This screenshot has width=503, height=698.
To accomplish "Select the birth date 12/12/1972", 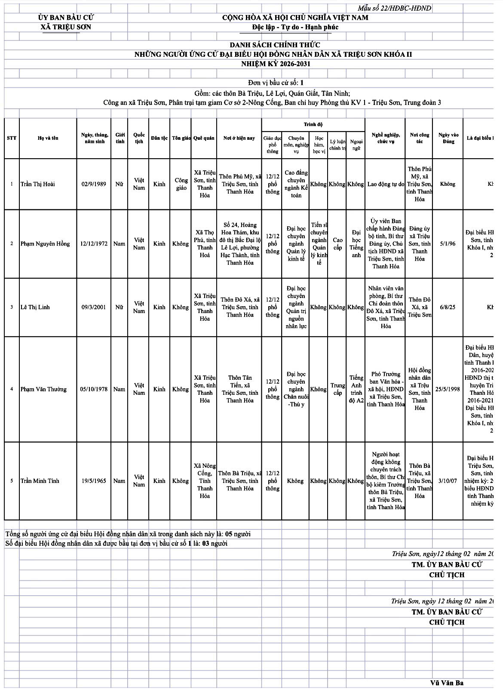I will [94, 244].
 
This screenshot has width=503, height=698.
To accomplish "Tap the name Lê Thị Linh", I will [35, 307].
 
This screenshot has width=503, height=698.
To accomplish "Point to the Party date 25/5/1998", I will [448, 389].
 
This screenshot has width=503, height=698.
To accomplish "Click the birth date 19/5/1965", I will [94, 481].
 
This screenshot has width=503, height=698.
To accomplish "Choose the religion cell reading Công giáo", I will [181, 184].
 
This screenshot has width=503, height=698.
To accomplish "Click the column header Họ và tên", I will [48, 138].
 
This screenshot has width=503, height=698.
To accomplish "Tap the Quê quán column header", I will [204, 138].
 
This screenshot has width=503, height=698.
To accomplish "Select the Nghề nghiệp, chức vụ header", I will [386, 138].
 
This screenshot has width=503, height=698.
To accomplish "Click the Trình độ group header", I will [313, 124].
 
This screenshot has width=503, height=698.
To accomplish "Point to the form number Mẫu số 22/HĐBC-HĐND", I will [394, 8].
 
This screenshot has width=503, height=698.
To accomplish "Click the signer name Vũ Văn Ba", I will [447, 683].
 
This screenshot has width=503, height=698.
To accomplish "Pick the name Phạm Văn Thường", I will [43, 389].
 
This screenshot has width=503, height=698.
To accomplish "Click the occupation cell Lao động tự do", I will [386, 184].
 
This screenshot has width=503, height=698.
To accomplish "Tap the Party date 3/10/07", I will [448, 481].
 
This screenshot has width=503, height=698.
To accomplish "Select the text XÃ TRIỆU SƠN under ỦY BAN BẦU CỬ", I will [66, 27].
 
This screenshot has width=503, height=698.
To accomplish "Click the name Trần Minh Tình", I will [40, 481].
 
